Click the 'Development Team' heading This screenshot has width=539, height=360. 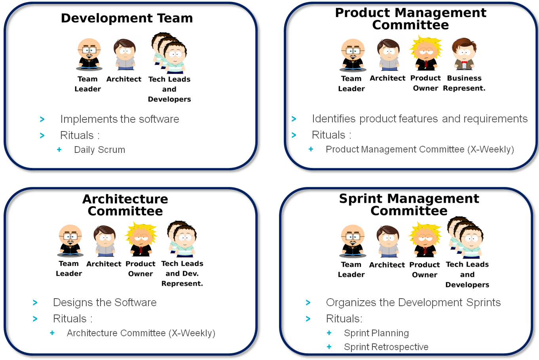point(127,18)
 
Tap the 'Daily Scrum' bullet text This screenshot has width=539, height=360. point(99,150)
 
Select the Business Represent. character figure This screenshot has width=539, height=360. point(464,54)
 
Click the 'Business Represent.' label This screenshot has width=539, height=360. point(464,83)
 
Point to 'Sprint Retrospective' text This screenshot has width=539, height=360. point(386,347)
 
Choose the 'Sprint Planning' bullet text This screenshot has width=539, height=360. point(376,333)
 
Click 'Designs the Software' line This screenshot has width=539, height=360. point(104,303)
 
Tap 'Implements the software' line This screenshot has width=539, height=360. point(120,119)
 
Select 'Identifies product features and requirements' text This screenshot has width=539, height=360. point(419,119)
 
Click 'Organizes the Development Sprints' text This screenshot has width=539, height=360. point(413,303)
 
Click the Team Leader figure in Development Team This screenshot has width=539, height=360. point(89,54)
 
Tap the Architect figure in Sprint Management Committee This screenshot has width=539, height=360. point(388,241)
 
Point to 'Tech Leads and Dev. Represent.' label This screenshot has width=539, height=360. point(182,274)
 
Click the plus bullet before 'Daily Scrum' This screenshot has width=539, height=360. point(59,150)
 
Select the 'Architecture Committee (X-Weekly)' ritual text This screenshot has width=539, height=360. point(141,333)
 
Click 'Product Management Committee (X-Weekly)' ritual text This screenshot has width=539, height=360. point(419,149)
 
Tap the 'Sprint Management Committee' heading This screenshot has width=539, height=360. point(409,205)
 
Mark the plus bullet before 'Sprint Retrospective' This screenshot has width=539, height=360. point(329,347)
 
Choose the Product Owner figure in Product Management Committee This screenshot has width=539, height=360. point(425,53)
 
